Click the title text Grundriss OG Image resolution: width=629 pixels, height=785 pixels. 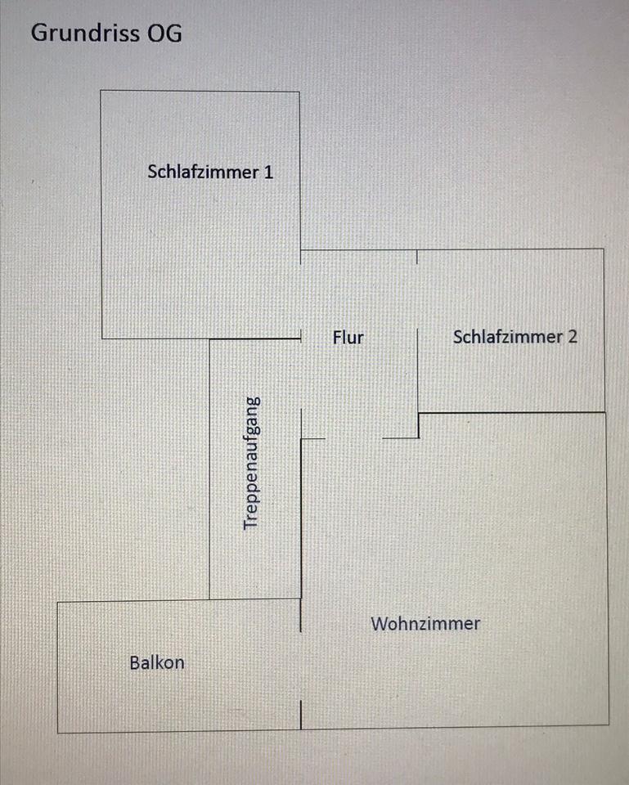[x=106, y=34]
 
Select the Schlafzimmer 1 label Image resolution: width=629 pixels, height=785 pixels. [x=210, y=172]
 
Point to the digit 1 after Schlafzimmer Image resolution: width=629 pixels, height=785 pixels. [x=269, y=172]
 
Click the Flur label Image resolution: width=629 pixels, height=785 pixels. [x=348, y=336]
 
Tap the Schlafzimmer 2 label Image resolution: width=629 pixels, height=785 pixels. [x=514, y=336]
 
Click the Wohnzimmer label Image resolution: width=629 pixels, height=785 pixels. [x=425, y=624]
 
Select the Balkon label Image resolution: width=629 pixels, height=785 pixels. [x=157, y=662]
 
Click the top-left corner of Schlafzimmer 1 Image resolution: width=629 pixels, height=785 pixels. [x=101, y=90]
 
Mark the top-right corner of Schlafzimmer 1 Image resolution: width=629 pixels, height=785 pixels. [x=299, y=92]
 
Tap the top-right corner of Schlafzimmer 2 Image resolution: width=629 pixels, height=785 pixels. [x=604, y=249]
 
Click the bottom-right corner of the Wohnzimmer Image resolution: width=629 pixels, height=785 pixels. [x=609, y=724]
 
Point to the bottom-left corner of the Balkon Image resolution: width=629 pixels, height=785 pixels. [x=57, y=732]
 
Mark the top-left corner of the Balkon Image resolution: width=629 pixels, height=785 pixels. [x=57, y=602]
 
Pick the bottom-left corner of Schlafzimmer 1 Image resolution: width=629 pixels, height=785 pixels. [x=101, y=338]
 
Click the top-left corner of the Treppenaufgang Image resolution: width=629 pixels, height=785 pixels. [x=210, y=339]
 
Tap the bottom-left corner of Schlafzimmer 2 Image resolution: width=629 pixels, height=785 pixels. [x=419, y=412]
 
